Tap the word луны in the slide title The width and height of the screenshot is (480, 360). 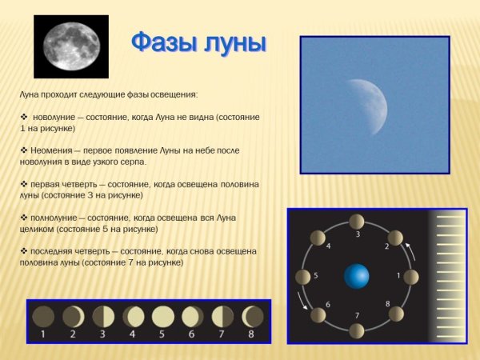[x=232, y=41]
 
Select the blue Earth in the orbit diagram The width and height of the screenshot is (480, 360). [x=357, y=277]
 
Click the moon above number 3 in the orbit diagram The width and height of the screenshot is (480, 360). [x=358, y=221]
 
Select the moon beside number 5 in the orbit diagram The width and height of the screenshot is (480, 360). [x=302, y=277]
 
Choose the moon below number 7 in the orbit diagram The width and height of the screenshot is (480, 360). [x=358, y=332]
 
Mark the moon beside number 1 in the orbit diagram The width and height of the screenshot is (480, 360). [x=412, y=277]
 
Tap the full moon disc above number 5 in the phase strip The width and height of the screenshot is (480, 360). [x=162, y=316]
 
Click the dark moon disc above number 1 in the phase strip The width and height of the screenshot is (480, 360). [x=44, y=316]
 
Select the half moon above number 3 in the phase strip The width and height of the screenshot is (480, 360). [x=103, y=316]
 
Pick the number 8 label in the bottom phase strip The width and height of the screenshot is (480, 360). [x=251, y=334]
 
